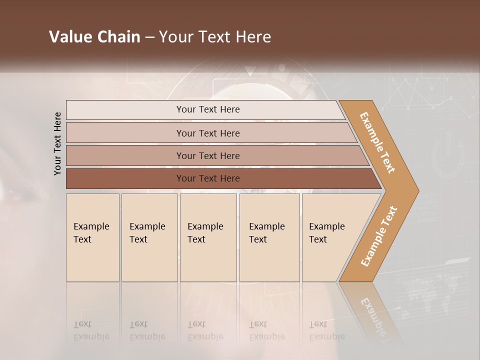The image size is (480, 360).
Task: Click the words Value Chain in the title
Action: click(x=94, y=37)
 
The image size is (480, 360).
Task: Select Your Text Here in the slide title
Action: click(x=215, y=37)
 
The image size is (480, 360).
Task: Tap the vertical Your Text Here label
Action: click(x=57, y=143)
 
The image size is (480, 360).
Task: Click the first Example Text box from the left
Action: click(x=92, y=237)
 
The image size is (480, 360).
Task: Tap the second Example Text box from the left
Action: click(x=149, y=237)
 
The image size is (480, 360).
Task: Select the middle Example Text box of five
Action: click(x=208, y=237)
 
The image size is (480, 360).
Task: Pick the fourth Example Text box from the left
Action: click(x=269, y=237)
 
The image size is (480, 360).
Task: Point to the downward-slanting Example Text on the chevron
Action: click(x=377, y=142)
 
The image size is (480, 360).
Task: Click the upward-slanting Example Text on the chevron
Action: click(x=379, y=236)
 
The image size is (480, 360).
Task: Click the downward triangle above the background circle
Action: click(x=250, y=71)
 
